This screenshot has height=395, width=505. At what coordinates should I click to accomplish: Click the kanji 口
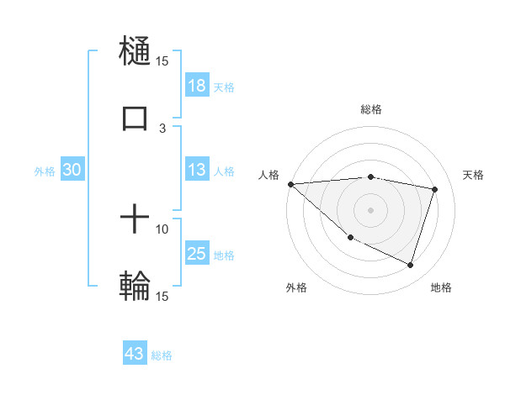coord(135,118)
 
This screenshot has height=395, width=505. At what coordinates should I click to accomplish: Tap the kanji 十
coord(135,220)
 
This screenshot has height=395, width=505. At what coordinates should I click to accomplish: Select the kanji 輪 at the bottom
coord(135,287)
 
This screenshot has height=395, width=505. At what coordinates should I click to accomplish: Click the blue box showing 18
coord(197,86)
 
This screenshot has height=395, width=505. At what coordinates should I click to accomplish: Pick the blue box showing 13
coord(197,170)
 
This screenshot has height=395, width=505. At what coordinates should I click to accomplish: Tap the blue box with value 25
coord(197,254)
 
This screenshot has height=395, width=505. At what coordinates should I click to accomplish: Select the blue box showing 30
coord(72,170)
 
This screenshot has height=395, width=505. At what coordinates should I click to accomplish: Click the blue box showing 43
coord(135,354)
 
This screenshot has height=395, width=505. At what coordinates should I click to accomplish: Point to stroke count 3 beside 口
coord(163,128)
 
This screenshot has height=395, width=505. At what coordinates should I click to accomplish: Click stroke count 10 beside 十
coord(162,229)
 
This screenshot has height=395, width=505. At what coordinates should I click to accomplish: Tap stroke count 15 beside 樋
coord(162,61)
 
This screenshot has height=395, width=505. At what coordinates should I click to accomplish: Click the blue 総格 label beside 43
coord(162,355)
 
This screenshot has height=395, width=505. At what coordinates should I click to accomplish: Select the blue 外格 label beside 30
coord(45,171)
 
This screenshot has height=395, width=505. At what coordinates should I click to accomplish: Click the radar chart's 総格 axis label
coord(371,109)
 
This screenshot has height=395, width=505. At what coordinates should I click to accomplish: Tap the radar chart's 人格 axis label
coord(269,174)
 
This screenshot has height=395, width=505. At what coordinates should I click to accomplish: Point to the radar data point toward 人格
coord(290,184)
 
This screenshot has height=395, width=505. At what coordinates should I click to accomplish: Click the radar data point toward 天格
coord(435,190)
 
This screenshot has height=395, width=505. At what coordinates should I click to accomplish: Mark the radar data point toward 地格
coord(410,266)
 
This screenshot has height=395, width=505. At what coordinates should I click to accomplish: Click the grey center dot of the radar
coord(371,209)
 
